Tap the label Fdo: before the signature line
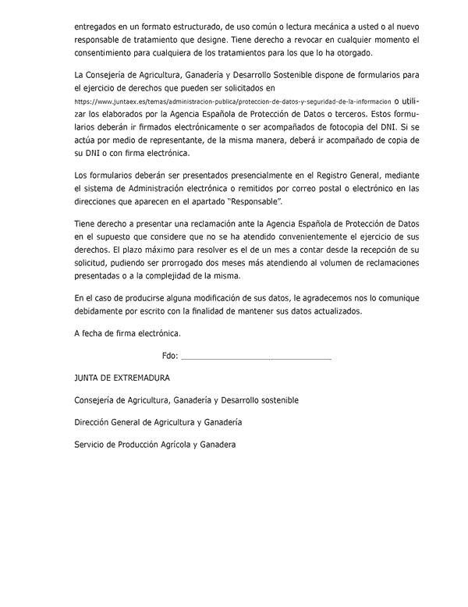pyautogui.click(x=170, y=356)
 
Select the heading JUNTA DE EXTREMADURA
pyautogui.click(x=122, y=378)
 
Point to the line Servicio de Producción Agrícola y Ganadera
pyautogui.click(x=155, y=444)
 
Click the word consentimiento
pyautogui.click(x=109, y=53)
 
